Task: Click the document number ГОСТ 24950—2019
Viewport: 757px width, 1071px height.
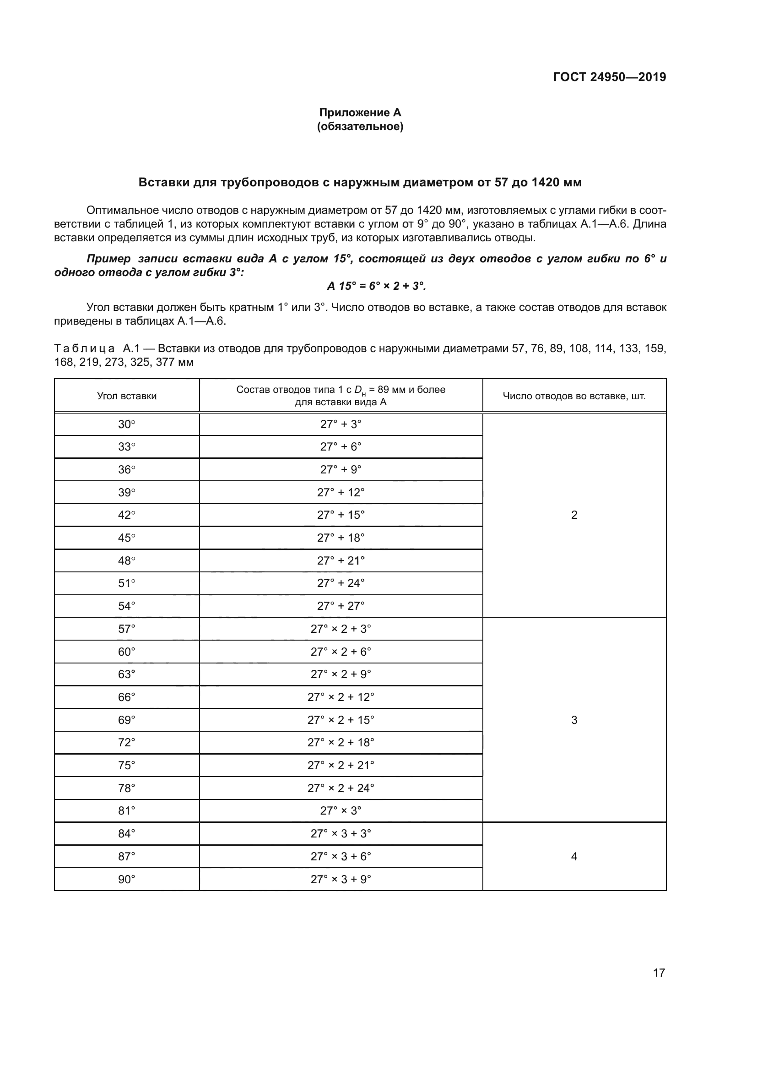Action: coord(609,77)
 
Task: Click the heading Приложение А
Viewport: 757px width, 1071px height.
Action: coord(360,113)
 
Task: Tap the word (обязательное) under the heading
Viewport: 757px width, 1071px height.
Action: coord(360,126)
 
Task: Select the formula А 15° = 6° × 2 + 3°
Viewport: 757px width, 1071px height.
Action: coord(376,286)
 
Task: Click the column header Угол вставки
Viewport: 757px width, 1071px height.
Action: coord(127,396)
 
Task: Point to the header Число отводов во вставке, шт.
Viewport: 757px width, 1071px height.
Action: coord(574,396)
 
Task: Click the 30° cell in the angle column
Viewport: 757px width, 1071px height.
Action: coord(126,424)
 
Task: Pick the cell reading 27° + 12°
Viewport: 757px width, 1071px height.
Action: coord(341,493)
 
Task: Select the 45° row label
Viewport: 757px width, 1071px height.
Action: coord(126,538)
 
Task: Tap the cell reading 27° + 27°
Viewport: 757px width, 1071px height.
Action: coord(341,606)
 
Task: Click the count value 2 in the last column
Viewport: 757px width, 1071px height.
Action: coord(574,515)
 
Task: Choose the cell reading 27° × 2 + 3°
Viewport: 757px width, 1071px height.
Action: coord(341,629)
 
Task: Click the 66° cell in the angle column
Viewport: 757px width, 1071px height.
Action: coord(126,697)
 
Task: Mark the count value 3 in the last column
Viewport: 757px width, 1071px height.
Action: coord(574,720)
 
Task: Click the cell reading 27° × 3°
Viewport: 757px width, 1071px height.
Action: coord(341,811)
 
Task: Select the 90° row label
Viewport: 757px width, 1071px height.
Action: coord(126,879)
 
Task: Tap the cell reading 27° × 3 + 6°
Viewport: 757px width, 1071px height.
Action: coord(341,856)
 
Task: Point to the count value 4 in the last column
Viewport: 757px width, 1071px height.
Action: coord(574,856)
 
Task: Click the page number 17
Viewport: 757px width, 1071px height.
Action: coord(659,973)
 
